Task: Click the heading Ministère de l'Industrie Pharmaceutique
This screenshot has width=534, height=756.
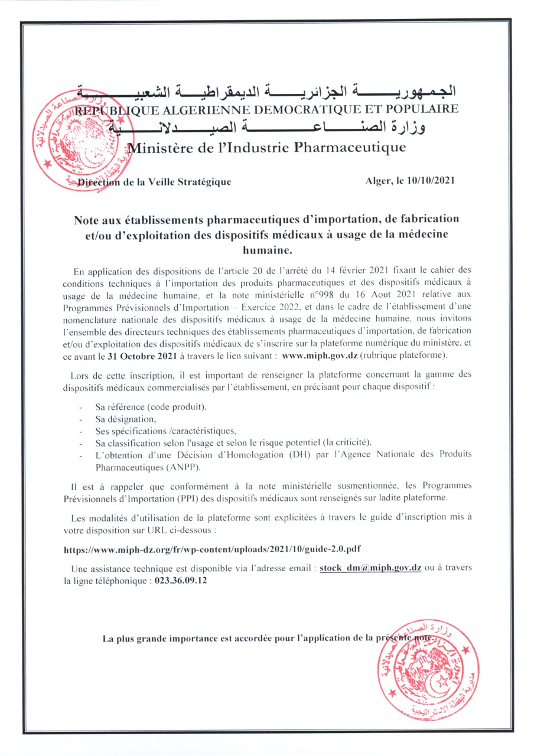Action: [267, 148]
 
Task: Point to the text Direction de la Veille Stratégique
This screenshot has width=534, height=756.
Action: [155, 182]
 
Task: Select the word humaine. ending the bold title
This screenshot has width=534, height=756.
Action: [266, 249]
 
